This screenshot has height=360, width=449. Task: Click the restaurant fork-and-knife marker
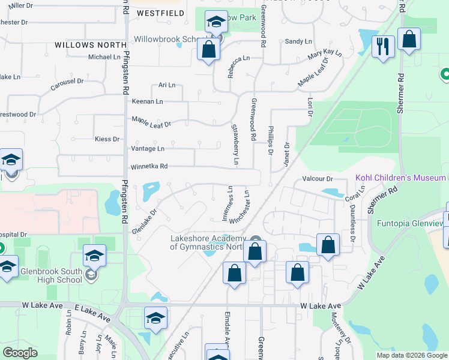tap(382, 46)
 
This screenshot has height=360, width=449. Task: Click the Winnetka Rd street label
tap(148, 167)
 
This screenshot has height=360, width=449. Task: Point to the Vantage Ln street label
tap(147, 148)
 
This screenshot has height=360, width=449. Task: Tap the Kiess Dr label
tap(107, 139)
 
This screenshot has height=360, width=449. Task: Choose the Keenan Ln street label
tap(147, 101)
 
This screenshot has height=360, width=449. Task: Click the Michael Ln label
tap(104, 57)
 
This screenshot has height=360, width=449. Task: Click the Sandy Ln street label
tap(298, 41)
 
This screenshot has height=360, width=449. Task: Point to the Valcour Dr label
tap(317, 179)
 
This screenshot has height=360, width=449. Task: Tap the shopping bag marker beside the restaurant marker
tap(409, 40)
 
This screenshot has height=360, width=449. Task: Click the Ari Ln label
tap(166, 85)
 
